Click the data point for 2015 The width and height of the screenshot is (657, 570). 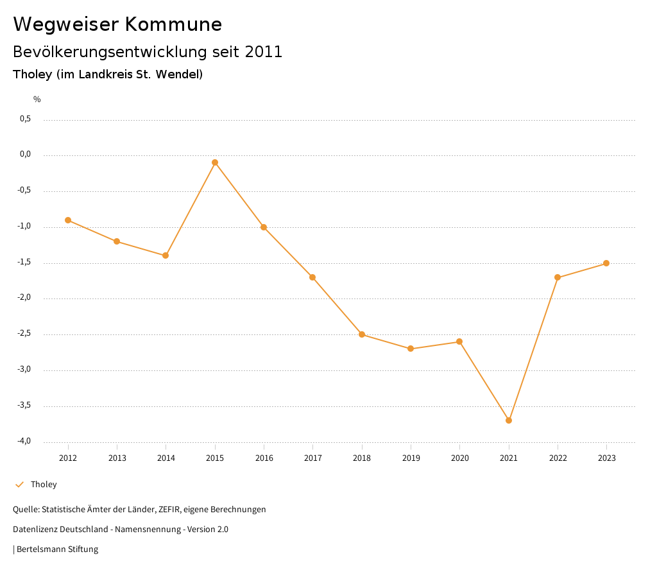(x=215, y=162)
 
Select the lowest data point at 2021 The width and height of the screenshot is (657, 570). (x=509, y=420)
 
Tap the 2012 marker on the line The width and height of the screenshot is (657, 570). (x=68, y=220)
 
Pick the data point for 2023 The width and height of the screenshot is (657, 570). (x=606, y=263)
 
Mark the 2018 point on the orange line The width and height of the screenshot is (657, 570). (x=362, y=334)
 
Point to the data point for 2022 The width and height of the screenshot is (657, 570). (x=558, y=277)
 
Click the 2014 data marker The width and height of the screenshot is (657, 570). (x=166, y=255)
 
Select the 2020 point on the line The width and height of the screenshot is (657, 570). (x=459, y=341)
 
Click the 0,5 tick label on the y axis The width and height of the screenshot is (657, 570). (x=25, y=119)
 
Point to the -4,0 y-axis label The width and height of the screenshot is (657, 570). (x=24, y=441)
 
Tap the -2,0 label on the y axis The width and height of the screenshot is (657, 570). (x=24, y=298)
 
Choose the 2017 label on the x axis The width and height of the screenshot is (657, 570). (x=312, y=458)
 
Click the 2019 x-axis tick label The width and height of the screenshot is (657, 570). (x=411, y=458)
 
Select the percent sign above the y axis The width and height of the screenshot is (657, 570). (x=37, y=99)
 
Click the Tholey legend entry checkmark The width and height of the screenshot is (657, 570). (x=19, y=485)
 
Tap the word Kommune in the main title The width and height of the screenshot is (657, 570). (x=174, y=24)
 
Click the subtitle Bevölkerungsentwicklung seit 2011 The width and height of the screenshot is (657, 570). (x=148, y=52)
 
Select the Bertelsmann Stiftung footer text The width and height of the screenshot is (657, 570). (x=57, y=549)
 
